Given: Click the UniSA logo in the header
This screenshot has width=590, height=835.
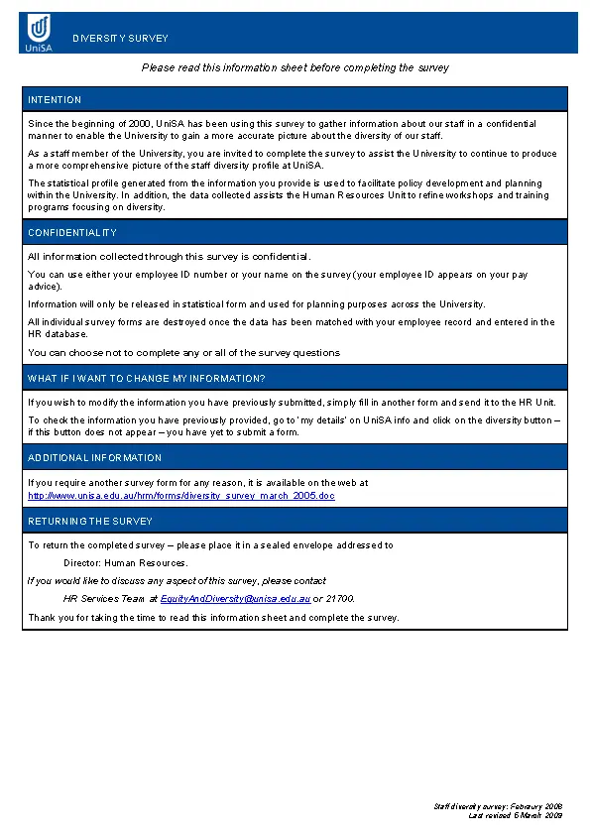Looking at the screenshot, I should [39, 33].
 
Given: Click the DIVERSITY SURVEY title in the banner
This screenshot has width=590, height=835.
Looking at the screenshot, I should [120, 39].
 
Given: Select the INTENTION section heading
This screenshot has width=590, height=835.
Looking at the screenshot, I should [55, 100].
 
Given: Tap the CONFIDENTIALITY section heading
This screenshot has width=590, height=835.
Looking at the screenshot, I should [72, 233].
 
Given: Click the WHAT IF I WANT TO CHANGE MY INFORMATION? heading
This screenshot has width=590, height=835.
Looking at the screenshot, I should [147, 379].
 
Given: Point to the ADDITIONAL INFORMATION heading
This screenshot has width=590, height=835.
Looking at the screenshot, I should [94, 458].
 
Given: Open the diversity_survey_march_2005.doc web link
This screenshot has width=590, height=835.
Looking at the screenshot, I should [181, 495].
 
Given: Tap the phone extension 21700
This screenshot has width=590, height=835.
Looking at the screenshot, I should [339, 599].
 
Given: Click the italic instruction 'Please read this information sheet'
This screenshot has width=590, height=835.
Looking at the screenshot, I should [295, 67].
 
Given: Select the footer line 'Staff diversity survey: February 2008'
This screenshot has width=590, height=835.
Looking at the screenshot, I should [498, 807].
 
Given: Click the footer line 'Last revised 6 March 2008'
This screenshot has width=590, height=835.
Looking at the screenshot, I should [515, 815].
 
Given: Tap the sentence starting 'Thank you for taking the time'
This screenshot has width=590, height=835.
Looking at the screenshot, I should [213, 617].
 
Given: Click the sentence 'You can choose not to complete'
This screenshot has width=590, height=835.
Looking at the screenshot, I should [183, 352].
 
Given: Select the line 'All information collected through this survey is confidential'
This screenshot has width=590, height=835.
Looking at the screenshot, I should [169, 256].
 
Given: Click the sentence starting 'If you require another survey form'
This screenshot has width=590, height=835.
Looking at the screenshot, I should [198, 483].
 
